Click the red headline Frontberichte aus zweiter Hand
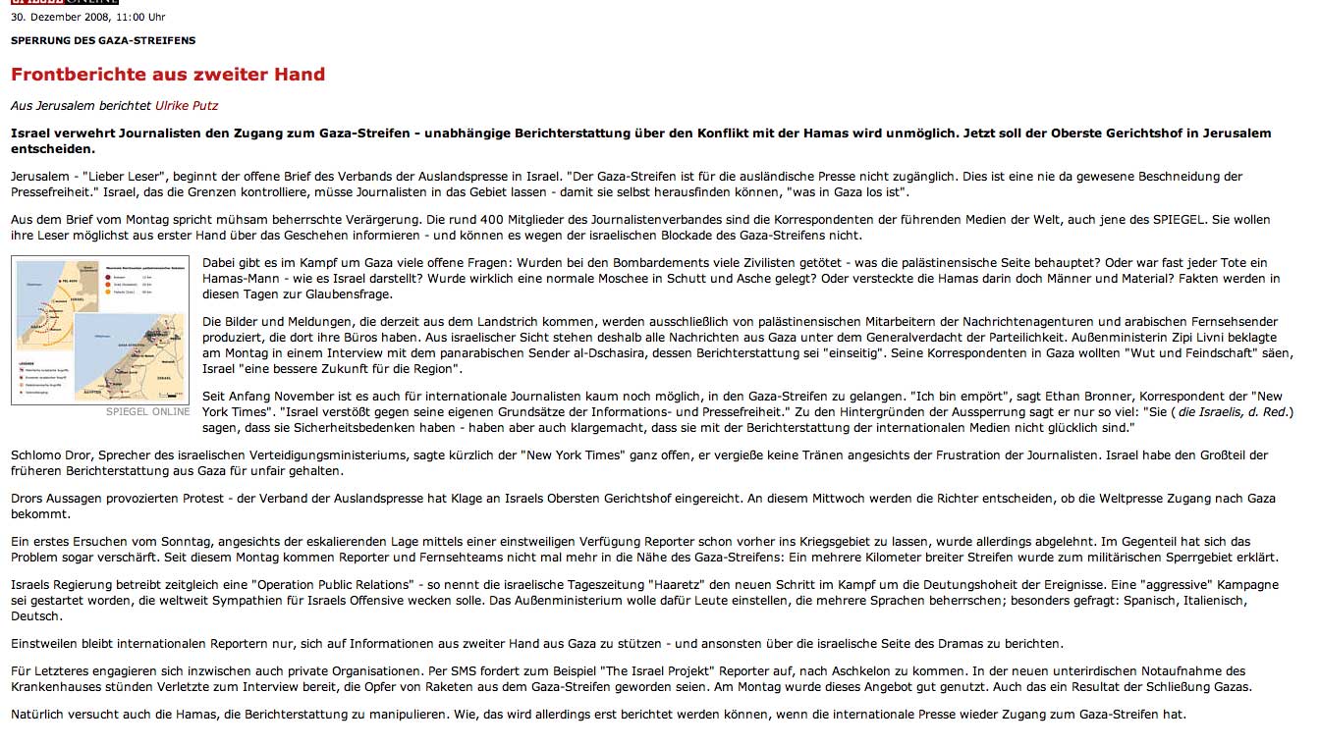tap(168, 75)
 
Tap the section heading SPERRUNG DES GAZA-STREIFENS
tap(103, 40)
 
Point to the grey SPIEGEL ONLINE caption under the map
tap(148, 412)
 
